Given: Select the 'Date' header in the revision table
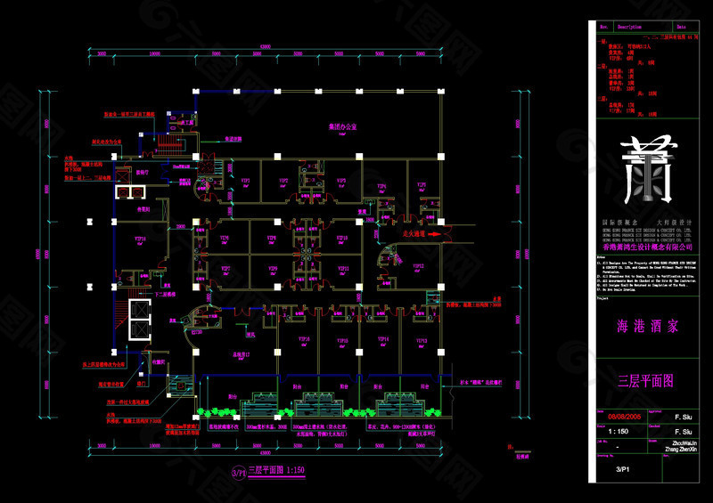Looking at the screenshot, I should [x=682, y=28].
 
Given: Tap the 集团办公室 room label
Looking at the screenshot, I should [x=341, y=127].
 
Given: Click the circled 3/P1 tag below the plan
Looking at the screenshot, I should [x=237, y=471].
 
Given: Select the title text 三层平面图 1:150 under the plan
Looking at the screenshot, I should [x=276, y=471].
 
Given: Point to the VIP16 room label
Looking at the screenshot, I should [x=140, y=239].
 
